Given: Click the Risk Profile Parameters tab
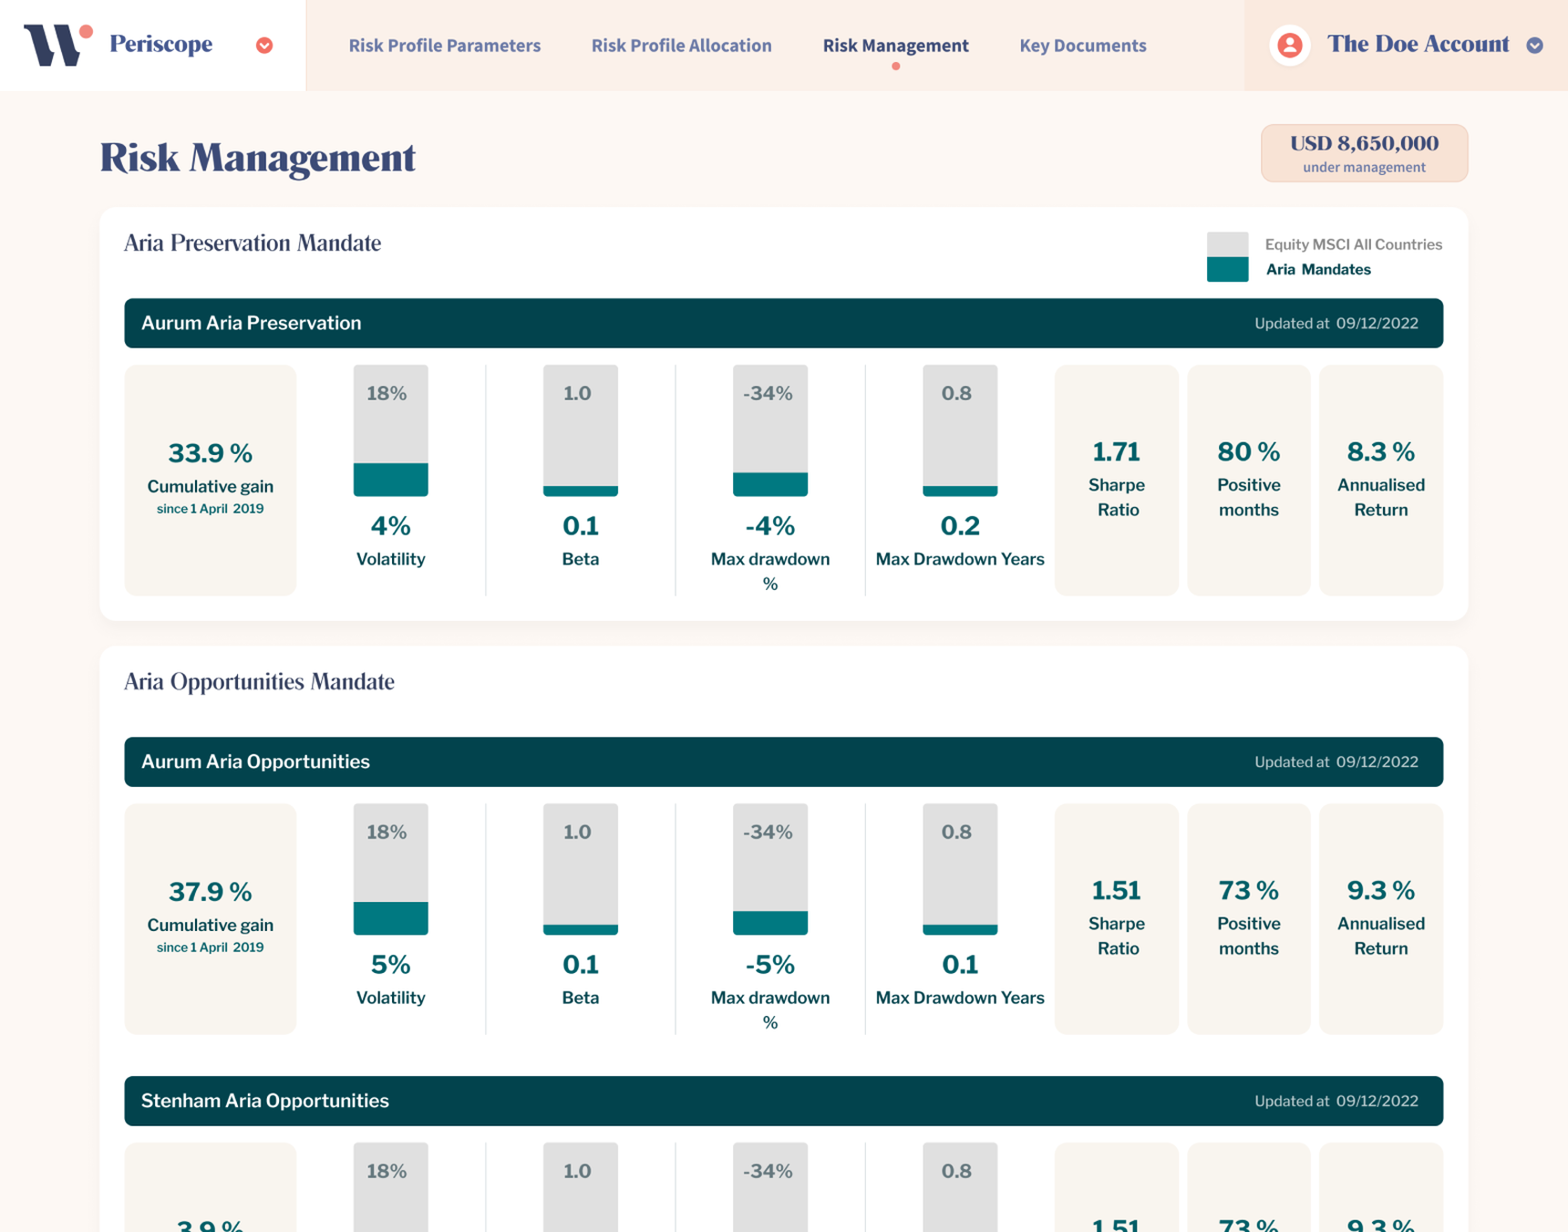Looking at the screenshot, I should (444, 46).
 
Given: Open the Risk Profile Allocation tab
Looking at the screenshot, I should (681, 46).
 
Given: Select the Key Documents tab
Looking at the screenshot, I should (1082, 46).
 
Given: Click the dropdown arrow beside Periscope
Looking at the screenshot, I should (264, 46).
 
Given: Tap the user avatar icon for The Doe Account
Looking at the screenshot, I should (1289, 45).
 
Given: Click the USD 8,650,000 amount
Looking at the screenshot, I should (1364, 143).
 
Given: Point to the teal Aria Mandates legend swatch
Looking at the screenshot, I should (1227, 270).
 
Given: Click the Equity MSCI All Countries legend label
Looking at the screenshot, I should (1353, 244).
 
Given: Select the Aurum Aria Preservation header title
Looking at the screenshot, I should (251, 323).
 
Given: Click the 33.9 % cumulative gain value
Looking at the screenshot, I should (210, 452).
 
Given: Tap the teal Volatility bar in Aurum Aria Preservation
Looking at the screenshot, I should (390, 480).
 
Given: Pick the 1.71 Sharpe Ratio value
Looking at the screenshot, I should (1116, 451).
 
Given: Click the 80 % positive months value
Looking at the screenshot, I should (1248, 451).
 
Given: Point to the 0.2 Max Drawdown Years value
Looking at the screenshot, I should (959, 525).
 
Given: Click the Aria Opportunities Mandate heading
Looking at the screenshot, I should (259, 681).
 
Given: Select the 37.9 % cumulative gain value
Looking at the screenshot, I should (210, 891).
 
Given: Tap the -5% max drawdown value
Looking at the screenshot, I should (769, 964).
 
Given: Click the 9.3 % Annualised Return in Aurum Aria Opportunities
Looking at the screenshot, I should (1380, 890).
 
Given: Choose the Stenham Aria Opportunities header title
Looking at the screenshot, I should (264, 1101).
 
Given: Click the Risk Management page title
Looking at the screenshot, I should (257, 157).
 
